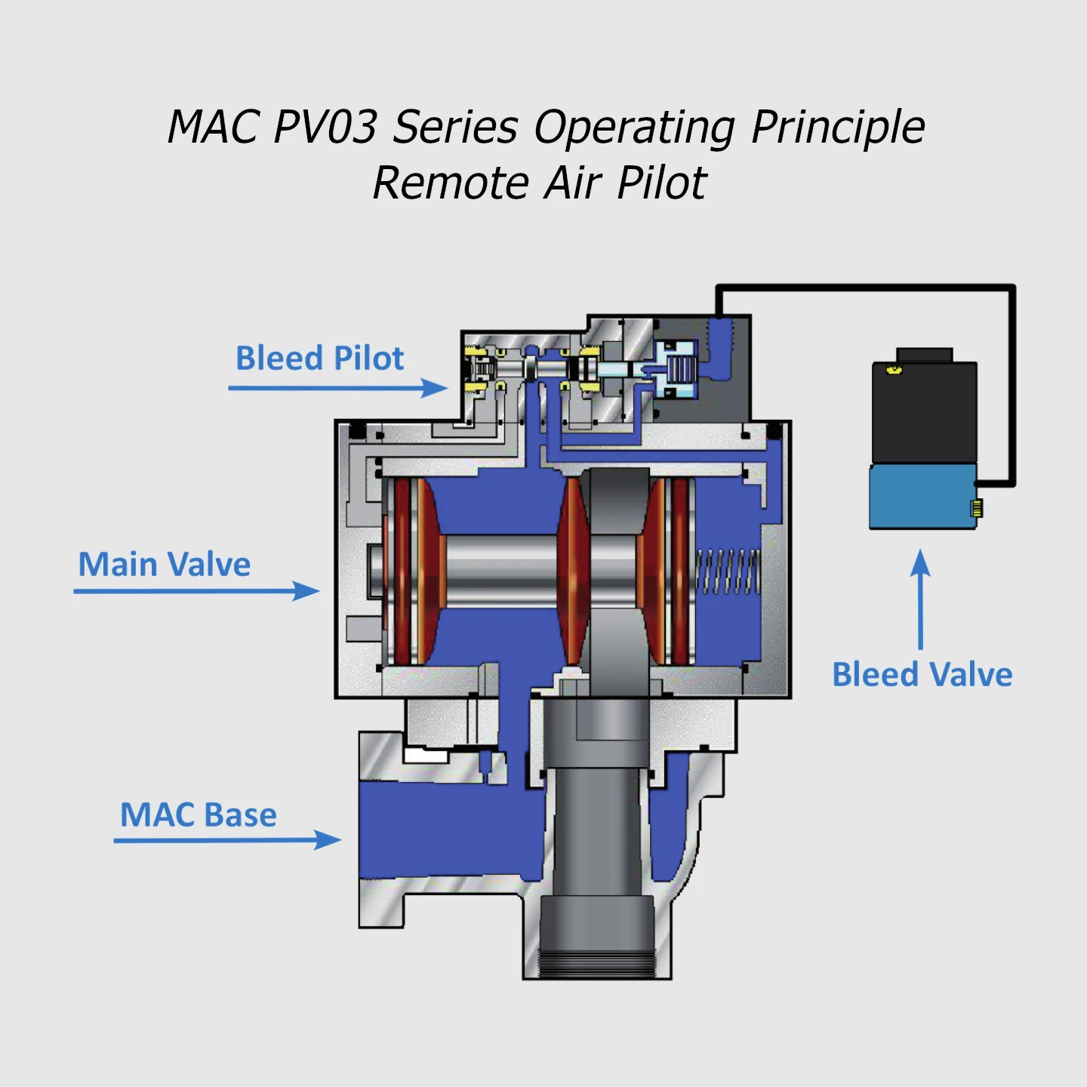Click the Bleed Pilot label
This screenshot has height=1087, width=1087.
pos(319,359)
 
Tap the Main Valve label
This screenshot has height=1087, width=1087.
pos(164,565)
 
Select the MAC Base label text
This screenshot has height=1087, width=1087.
pos(198,815)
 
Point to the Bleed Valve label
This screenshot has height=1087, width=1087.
pos(922,675)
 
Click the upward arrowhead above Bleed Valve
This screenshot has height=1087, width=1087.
pos(920,562)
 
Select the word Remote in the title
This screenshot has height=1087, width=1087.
pos(451,183)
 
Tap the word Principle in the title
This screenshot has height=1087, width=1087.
pos(838,126)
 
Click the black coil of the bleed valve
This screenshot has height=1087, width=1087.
pos(924,412)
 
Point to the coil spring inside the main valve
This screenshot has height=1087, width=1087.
pos(727,571)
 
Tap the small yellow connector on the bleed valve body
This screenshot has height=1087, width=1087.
pos(977,508)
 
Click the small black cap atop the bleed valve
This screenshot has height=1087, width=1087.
pos(924,356)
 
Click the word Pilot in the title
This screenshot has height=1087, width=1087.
pos(661,183)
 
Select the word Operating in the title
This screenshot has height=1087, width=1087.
pos(634,126)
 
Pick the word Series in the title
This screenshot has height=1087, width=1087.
pos(455,126)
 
